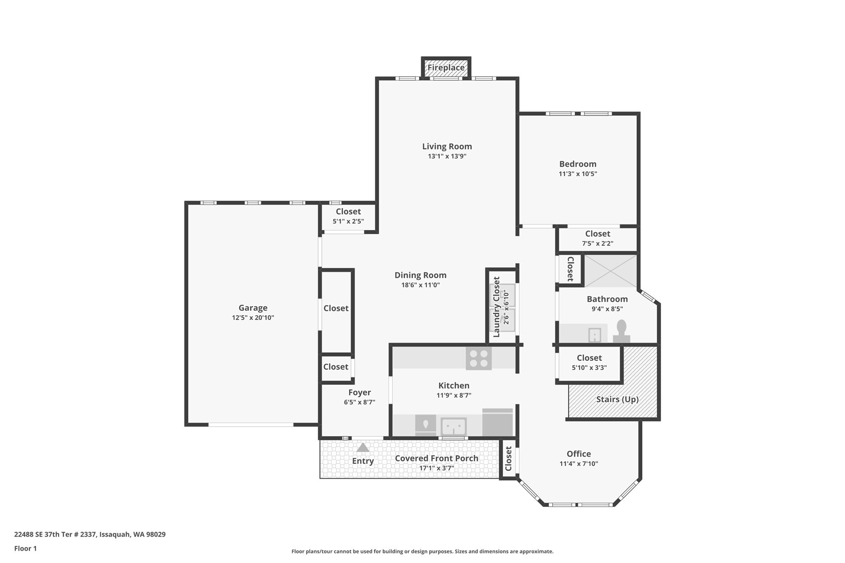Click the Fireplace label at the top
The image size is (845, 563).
tap(446, 68)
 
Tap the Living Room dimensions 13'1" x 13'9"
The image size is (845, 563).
tap(447, 156)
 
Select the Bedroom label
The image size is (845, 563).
tap(578, 164)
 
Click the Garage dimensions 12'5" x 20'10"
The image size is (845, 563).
tap(253, 318)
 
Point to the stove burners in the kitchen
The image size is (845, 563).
tap(479, 358)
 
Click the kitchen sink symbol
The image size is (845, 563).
tap(454, 427)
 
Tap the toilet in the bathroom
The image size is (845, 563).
tap(621, 331)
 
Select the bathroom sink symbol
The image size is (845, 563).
tap(595, 335)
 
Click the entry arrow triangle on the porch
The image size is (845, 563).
tap(363, 448)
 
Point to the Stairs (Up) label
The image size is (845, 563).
tap(617, 399)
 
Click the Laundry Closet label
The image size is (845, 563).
tap(496, 307)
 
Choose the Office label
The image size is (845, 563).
tap(579, 454)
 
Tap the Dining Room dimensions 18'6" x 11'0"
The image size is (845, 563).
tap(420, 285)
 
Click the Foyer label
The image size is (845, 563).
tap(360, 393)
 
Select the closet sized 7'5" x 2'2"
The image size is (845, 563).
tap(598, 238)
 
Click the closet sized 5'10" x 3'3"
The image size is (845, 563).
tap(589, 363)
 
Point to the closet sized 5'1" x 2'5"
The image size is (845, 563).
tap(348, 217)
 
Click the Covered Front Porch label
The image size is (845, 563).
tap(437, 458)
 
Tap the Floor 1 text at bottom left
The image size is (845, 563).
tap(26, 549)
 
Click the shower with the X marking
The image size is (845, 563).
tap(610, 271)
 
